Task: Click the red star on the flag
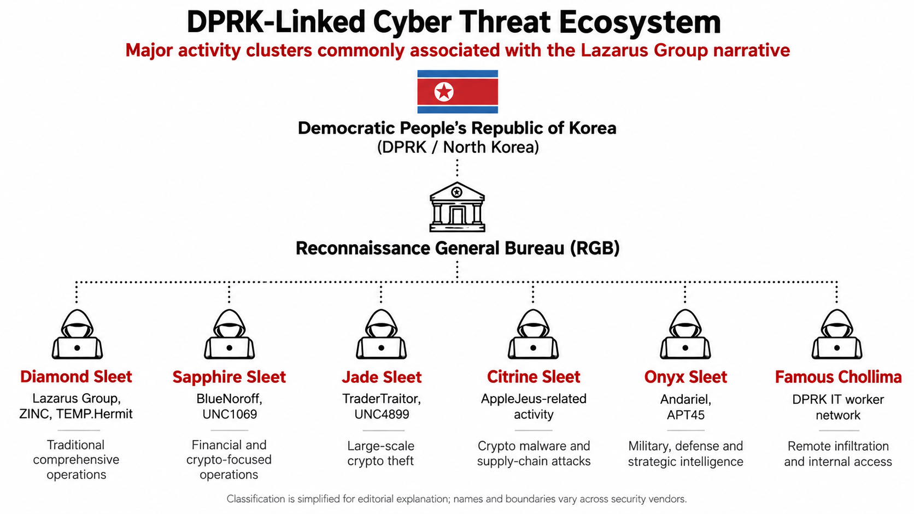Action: point(443,91)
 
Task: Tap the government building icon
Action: point(457,206)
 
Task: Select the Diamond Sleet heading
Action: point(77,377)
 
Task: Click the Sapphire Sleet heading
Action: point(229,377)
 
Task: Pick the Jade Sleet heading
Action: point(382,377)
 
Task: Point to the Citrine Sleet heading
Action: point(534,377)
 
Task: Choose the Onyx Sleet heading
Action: point(685,377)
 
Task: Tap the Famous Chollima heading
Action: point(838,377)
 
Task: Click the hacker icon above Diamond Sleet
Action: point(77,334)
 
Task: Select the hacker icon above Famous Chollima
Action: point(837,334)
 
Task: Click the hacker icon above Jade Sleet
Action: point(381,334)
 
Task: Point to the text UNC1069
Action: point(230,415)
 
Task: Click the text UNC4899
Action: point(382,415)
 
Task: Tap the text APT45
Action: point(685,415)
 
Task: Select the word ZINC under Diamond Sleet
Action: point(34,414)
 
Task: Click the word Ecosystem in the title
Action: point(640,22)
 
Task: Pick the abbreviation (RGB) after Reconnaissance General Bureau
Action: point(595,248)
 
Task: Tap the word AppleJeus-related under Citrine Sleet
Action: point(534,399)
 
